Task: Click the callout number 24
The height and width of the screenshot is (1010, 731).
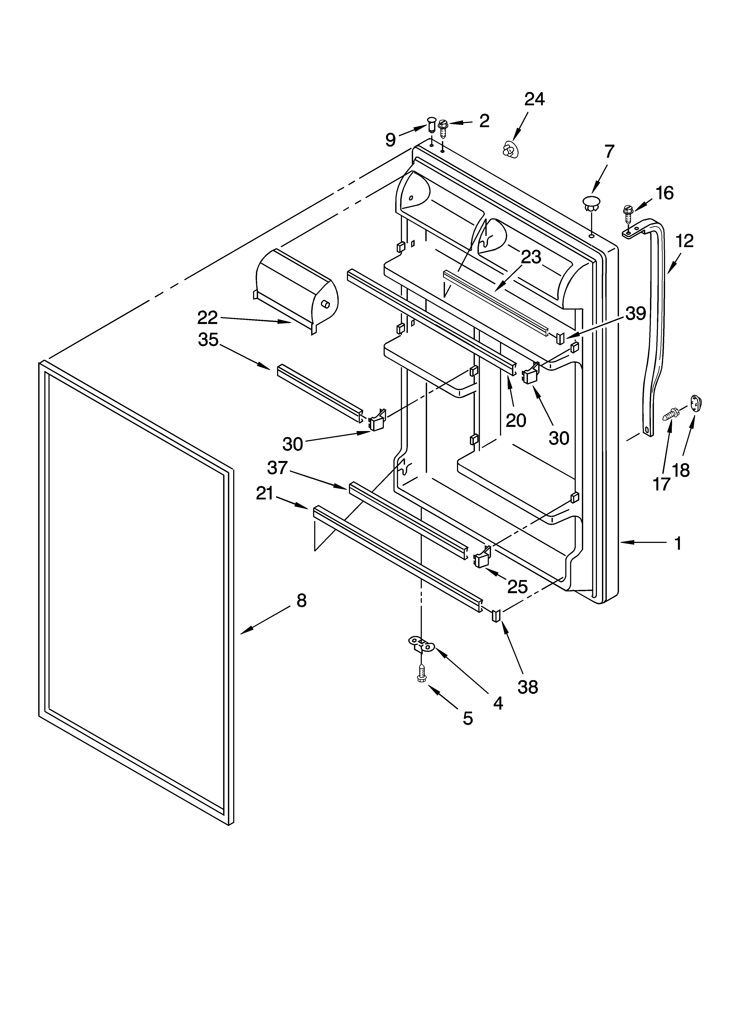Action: tap(534, 99)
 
